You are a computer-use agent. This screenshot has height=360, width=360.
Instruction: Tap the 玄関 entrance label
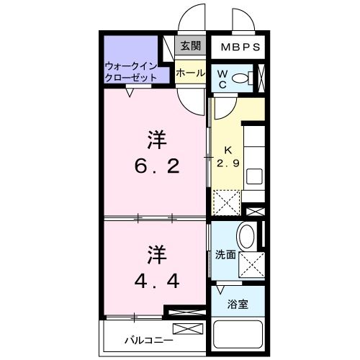tap(189, 47)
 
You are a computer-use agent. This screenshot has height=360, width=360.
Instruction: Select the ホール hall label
tap(189, 73)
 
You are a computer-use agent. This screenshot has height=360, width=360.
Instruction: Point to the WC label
tap(222, 78)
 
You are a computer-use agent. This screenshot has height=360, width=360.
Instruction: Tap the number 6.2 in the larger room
tap(156, 166)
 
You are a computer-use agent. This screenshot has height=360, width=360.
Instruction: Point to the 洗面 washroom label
tap(225, 254)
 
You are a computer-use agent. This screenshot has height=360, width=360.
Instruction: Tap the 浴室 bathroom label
tap(237, 304)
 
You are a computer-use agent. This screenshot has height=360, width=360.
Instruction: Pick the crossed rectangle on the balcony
tap(184, 330)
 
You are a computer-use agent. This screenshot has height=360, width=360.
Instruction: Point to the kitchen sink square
tap(253, 176)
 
